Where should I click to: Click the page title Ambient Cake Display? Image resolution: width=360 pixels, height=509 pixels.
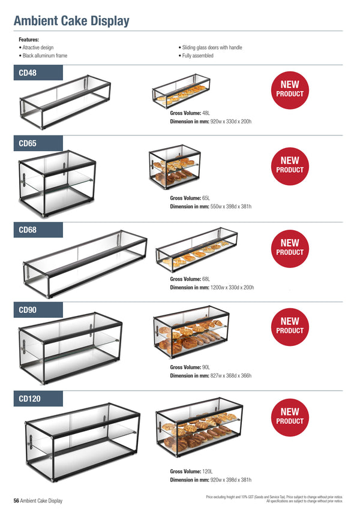click(71, 21)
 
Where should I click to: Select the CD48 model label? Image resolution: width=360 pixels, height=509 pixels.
click(28, 73)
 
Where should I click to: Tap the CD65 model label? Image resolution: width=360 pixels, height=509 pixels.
click(28, 143)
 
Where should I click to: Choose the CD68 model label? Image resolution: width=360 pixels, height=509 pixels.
click(28, 230)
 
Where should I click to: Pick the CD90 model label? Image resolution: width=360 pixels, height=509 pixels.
click(28, 310)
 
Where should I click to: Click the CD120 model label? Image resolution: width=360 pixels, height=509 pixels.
click(29, 399)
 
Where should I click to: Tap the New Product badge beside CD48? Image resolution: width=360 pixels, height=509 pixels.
click(290, 90)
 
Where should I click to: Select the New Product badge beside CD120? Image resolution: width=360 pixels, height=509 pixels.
click(290, 417)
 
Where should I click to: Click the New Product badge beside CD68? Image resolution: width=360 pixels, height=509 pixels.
click(290, 249)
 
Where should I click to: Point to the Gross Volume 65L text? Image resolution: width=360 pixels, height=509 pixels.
click(190, 198)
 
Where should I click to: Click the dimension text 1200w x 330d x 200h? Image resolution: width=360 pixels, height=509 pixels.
click(232, 288)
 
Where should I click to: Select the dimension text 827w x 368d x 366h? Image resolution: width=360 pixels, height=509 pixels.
click(230, 376)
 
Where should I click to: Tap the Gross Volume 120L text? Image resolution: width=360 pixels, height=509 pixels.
click(191, 471)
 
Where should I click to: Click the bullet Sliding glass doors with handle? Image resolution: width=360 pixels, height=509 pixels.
click(210, 47)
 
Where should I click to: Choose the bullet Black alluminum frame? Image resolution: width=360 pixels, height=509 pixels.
click(43, 56)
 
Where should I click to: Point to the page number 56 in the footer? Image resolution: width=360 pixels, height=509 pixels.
click(16, 501)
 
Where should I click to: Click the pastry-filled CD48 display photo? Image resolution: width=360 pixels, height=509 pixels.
click(181, 91)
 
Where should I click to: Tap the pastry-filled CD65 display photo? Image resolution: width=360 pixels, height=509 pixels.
click(175, 167)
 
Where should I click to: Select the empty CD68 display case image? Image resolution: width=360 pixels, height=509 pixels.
click(85, 264)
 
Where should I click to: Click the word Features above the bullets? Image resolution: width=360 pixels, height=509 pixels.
click(29, 40)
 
